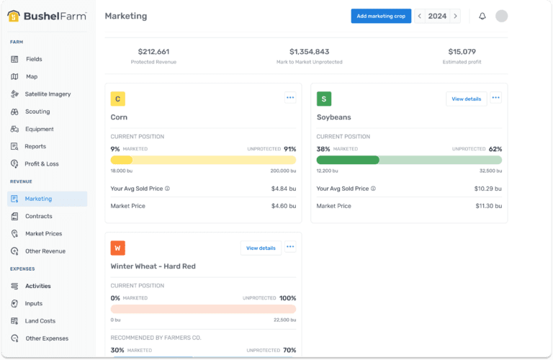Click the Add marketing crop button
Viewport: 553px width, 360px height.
click(381, 16)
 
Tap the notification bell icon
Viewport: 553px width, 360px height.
click(482, 16)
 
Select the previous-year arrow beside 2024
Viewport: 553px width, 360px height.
click(420, 16)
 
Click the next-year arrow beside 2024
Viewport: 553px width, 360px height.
click(455, 16)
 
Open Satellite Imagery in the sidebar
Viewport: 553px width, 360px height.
click(48, 94)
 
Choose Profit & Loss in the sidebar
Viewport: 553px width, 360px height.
click(42, 164)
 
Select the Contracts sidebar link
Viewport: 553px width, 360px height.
click(38, 216)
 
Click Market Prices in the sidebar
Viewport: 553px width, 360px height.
click(43, 234)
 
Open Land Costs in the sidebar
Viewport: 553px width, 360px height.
click(40, 321)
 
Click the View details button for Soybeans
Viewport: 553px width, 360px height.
click(466, 99)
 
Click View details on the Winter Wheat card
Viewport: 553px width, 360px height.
click(261, 248)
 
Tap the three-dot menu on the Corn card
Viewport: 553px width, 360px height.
click(290, 97)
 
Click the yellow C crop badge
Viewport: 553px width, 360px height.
click(118, 99)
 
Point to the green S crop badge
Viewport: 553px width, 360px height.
click(324, 99)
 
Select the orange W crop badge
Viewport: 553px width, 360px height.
click(118, 248)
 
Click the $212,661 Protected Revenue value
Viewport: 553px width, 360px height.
click(153, 52)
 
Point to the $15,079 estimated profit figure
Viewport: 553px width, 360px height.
click(462, 52)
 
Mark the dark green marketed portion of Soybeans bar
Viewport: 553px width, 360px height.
click(348, 160)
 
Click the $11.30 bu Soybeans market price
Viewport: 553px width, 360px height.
click(488, 206)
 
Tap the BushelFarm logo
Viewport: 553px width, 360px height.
click(48, 16)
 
